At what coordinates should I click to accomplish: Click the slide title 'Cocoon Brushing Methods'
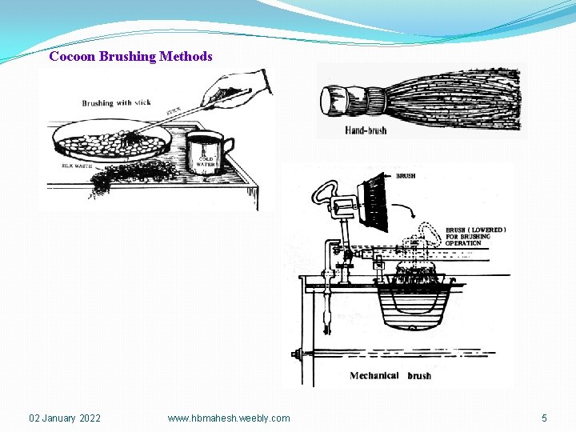coord(130,56)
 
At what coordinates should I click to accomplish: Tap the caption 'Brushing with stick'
coord(116,103)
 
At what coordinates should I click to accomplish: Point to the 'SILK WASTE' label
coord(77,166)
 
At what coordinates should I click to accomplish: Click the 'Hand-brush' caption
coord(366,130)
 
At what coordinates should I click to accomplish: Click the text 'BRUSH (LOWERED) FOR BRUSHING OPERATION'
coord(475,236)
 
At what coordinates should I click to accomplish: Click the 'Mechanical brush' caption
coord(390,375)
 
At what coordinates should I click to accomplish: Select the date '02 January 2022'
coord(65,418)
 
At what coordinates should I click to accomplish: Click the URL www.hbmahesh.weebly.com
coord(229,418)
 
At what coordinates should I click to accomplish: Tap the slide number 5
coord(544,418)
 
